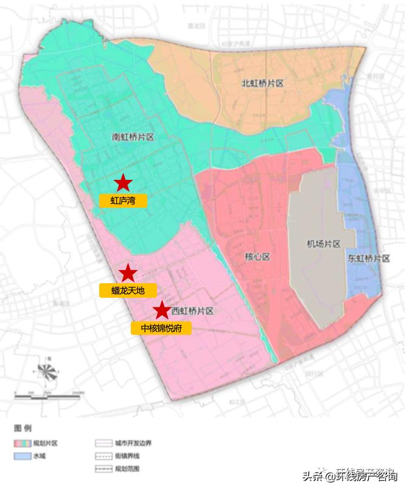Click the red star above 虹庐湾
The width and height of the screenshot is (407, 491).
tap(123, 182)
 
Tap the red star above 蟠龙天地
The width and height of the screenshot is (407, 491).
tap(128, 273)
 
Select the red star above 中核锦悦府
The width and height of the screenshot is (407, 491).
tap(161, 311)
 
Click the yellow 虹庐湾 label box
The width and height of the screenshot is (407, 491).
tap(123, 201)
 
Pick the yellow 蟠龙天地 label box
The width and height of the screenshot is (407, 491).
tap(128, 290)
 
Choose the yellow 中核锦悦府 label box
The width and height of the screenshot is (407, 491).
tap(161, 328)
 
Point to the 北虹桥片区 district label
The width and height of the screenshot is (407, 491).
tap(263, 84)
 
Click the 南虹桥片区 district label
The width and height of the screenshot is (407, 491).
tap(134, 137)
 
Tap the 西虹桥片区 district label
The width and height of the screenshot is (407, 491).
tap(193, 311)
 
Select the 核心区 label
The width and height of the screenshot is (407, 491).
tap(257, 257)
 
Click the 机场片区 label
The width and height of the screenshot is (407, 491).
tap(323, 244)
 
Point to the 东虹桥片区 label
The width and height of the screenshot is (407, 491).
tap(369, 258)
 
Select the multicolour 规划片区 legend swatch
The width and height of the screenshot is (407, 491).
tap(23, 444)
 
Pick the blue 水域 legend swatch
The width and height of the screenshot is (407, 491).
tap(23, 456)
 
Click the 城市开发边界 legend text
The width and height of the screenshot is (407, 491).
tap(133, 444)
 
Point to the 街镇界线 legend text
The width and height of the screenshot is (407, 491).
tap(129, 456)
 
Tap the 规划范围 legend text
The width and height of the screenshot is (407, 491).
tap(129, 469)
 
